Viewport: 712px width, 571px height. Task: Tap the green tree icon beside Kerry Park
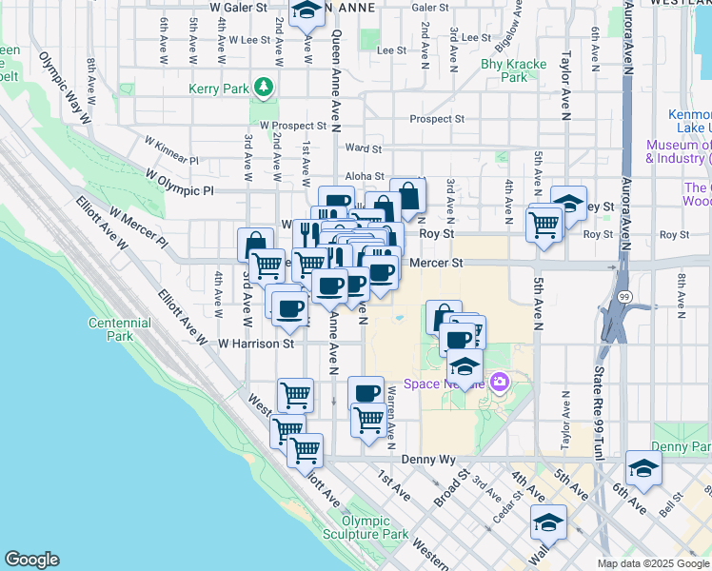pos(264,89)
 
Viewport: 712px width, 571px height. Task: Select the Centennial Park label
pos(119,329)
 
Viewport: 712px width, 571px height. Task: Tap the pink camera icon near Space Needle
pos(501,384)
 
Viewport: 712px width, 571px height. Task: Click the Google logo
pos(31,560)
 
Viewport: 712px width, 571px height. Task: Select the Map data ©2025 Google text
pos(652,563)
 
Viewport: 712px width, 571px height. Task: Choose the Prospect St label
pos(436,120)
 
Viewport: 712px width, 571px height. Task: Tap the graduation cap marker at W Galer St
pos(307,11)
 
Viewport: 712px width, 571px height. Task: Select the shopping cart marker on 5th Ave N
pos(544,224)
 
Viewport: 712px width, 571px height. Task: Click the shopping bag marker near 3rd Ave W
pos(255,245)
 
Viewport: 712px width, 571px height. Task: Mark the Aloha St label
pos(365,177)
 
